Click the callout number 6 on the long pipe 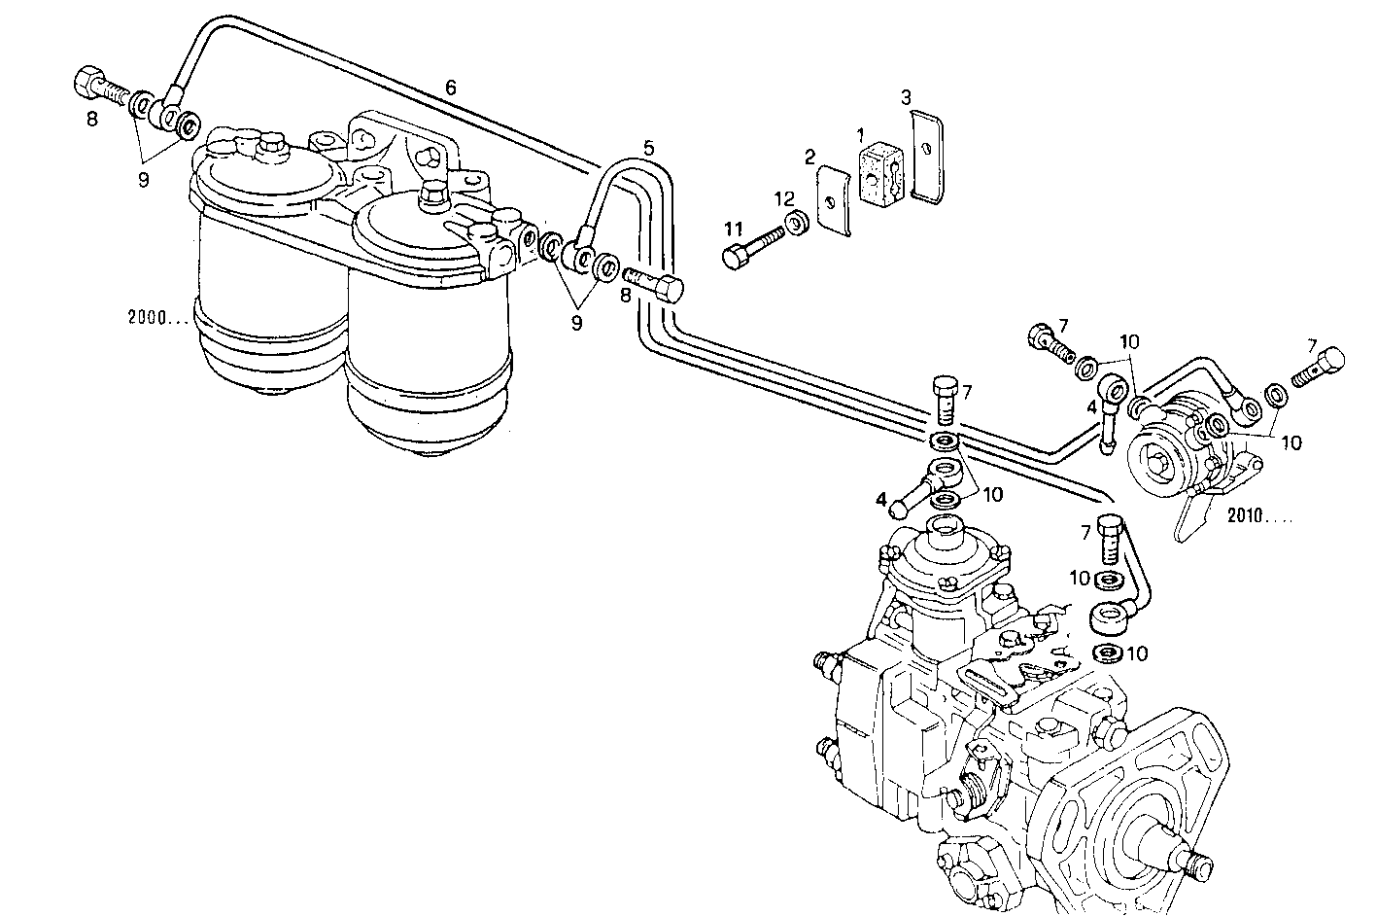click(451, 87)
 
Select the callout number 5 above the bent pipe click(648, 148)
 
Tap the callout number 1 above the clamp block click(859, 132)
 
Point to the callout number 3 click(905, 97)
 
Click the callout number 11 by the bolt click(734, 229)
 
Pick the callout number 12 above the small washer click(784, 199)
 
